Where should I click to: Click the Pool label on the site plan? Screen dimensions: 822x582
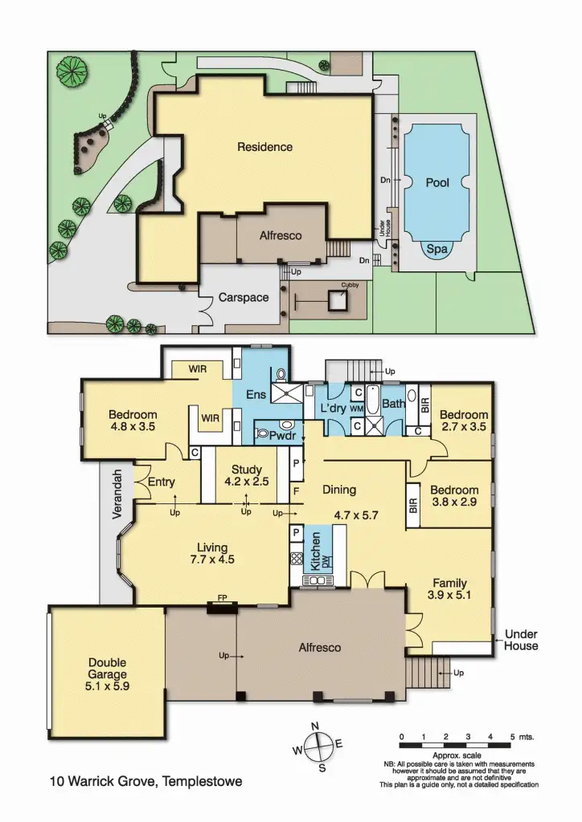click(436, 183)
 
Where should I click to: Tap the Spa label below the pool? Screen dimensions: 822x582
click(436, 250)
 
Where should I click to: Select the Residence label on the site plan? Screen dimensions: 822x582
click(264, 147)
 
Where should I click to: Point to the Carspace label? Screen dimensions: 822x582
click(244, 298)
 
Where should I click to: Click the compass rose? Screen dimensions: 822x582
click(319, 746)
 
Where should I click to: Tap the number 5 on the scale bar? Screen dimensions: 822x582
click(512, 736)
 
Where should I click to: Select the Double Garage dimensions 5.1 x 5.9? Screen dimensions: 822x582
click(107, 686)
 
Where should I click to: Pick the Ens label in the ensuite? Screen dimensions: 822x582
click(256, 394)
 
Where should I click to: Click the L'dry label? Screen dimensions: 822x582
click(332, 408)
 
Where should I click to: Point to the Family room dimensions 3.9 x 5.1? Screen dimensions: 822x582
click(449, 596)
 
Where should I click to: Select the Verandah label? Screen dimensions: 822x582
click(117, 494)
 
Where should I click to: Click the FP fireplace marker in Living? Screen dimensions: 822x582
click(222, 600)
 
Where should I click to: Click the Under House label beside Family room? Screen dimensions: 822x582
click(521, 640)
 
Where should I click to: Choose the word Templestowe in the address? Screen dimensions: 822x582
click(201, 781)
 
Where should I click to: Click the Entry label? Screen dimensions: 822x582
click(162, 482)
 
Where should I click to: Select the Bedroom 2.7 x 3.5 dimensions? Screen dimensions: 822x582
click(463, 427)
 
